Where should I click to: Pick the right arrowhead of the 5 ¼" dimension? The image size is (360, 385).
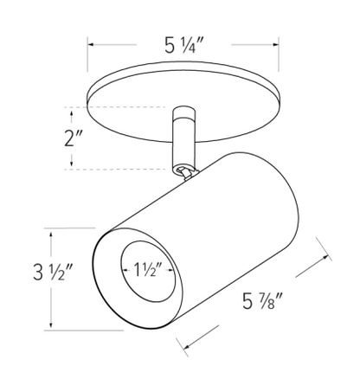pyautogui.click(x=279, y=42)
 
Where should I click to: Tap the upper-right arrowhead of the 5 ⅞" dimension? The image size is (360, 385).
pyautogui.click(x=333, y=258)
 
